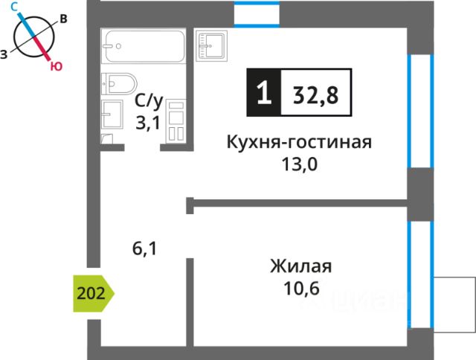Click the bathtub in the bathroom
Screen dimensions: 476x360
coord(143,46)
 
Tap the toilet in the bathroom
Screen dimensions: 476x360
coord(119,84)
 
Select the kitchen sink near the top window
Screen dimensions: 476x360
coord(211,46)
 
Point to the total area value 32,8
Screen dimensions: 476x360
coord(315,95)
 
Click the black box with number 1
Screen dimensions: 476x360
coord(264,92)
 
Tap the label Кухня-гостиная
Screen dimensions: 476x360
coord(299,142)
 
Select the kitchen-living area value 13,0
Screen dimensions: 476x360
coord(300,164)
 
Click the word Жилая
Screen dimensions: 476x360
coord(300,266)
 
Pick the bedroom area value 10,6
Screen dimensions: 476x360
coord(301,288)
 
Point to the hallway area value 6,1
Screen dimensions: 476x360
coord(144,249)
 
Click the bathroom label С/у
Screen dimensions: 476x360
coord(149,102)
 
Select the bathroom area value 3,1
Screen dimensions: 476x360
coord(147,123)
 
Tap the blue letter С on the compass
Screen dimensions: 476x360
coord(15,7)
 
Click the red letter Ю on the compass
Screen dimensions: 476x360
coord(57,66)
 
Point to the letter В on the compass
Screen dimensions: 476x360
coord(63,19)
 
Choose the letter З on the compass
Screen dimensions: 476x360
coord(4,54)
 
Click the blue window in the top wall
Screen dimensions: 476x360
coord(257,15)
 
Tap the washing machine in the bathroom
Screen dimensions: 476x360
coord(176,120)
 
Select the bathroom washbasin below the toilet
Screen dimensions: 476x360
coord(112,114)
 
